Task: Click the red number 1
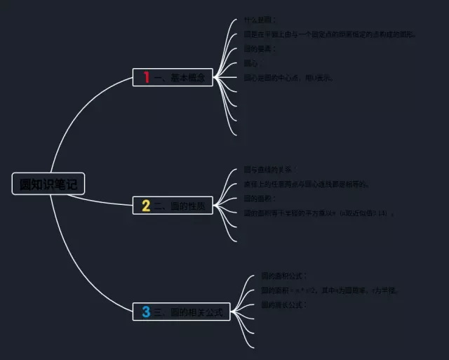pos(147,78)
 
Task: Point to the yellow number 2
pos(146,206)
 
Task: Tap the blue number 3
pos(146,312)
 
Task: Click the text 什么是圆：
pos(260,20)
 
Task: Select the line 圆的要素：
pos(260,49)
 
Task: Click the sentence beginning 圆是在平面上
pos(330,34)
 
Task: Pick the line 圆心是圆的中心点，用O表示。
pos(288,78)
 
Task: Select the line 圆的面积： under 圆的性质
pos(260,199)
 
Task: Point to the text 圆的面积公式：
pos(284,276)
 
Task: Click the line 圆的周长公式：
pos(284,305)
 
